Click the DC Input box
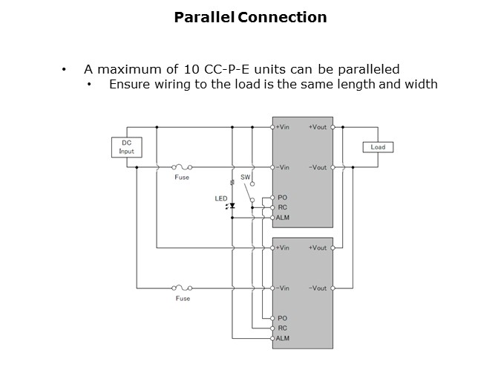126,146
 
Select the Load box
378,147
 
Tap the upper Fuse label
182,178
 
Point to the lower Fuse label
182,299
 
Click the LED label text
220,198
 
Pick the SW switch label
245,177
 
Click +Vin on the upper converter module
282,127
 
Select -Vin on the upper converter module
282,167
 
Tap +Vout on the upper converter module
318,127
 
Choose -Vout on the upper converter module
318,167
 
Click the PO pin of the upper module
282,197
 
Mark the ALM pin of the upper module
282,218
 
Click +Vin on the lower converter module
282,247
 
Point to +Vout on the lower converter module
318,247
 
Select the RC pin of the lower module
282,328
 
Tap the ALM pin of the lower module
282,338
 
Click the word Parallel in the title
204,17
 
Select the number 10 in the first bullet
191,69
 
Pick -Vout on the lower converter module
318,288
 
